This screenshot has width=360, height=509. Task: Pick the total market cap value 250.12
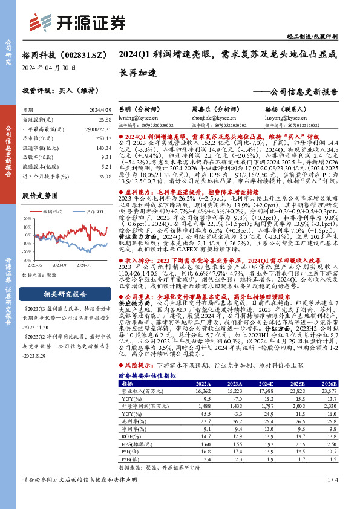(x=104, y=138)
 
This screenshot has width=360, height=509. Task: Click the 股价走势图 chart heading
(x=40, y=196)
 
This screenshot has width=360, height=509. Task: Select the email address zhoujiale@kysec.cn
(x=203, y=120)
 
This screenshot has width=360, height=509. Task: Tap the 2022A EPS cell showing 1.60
(x=205, y=443)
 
